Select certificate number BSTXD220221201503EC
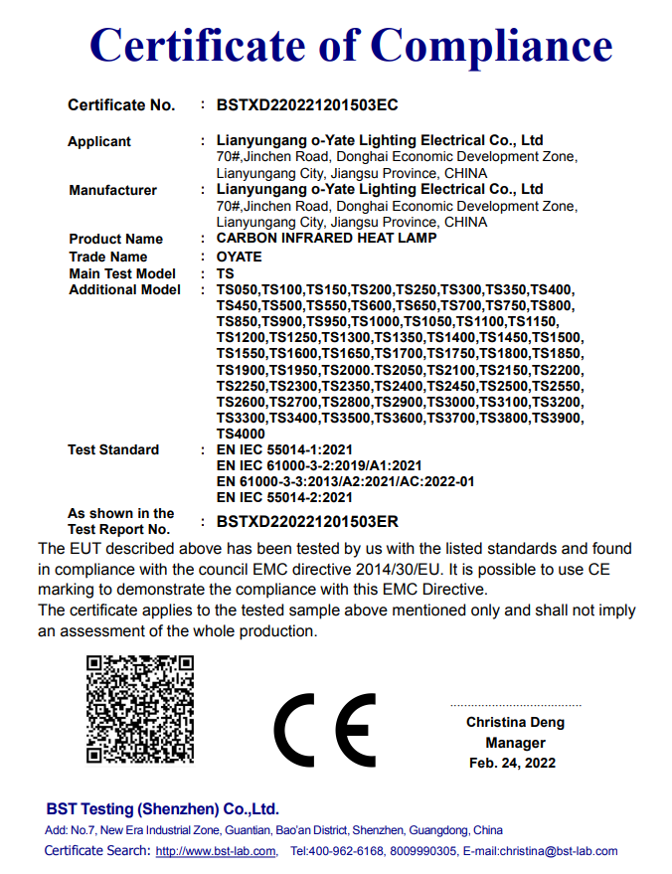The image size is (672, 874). (306, 104)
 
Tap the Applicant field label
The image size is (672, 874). (99, 141)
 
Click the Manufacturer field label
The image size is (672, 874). (112, 190)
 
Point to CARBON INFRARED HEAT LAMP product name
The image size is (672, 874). (326, 239)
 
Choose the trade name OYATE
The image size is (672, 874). (239, 257)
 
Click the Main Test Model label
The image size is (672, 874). (122, 273)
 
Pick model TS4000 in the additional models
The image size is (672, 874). (241, 434)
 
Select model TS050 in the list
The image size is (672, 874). (238, 289)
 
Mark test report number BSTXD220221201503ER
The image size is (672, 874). (307, 521)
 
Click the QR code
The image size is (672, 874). (139, 708)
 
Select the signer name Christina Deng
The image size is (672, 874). (515, 722)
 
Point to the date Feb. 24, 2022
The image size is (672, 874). (512, 763)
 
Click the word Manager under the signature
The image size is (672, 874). (515, 743)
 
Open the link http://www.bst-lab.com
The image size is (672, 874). (218, 851)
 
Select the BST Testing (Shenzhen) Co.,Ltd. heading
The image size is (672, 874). (162, 808)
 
